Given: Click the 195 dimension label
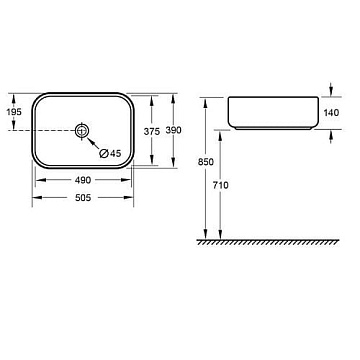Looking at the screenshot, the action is coord(14,112).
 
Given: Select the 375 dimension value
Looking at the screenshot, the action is coord(152,132).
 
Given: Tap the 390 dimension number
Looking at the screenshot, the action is coord(174,130).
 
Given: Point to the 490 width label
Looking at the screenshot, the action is coord(83,180).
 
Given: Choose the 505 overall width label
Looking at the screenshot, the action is coord(83,198).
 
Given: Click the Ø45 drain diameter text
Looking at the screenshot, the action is coord(110,153).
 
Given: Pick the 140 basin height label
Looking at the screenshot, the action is coord(331,113).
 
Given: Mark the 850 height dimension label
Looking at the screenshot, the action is coord(206,162).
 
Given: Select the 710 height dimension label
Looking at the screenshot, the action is coord(221,185).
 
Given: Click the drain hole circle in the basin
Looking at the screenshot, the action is coord(82,130).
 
